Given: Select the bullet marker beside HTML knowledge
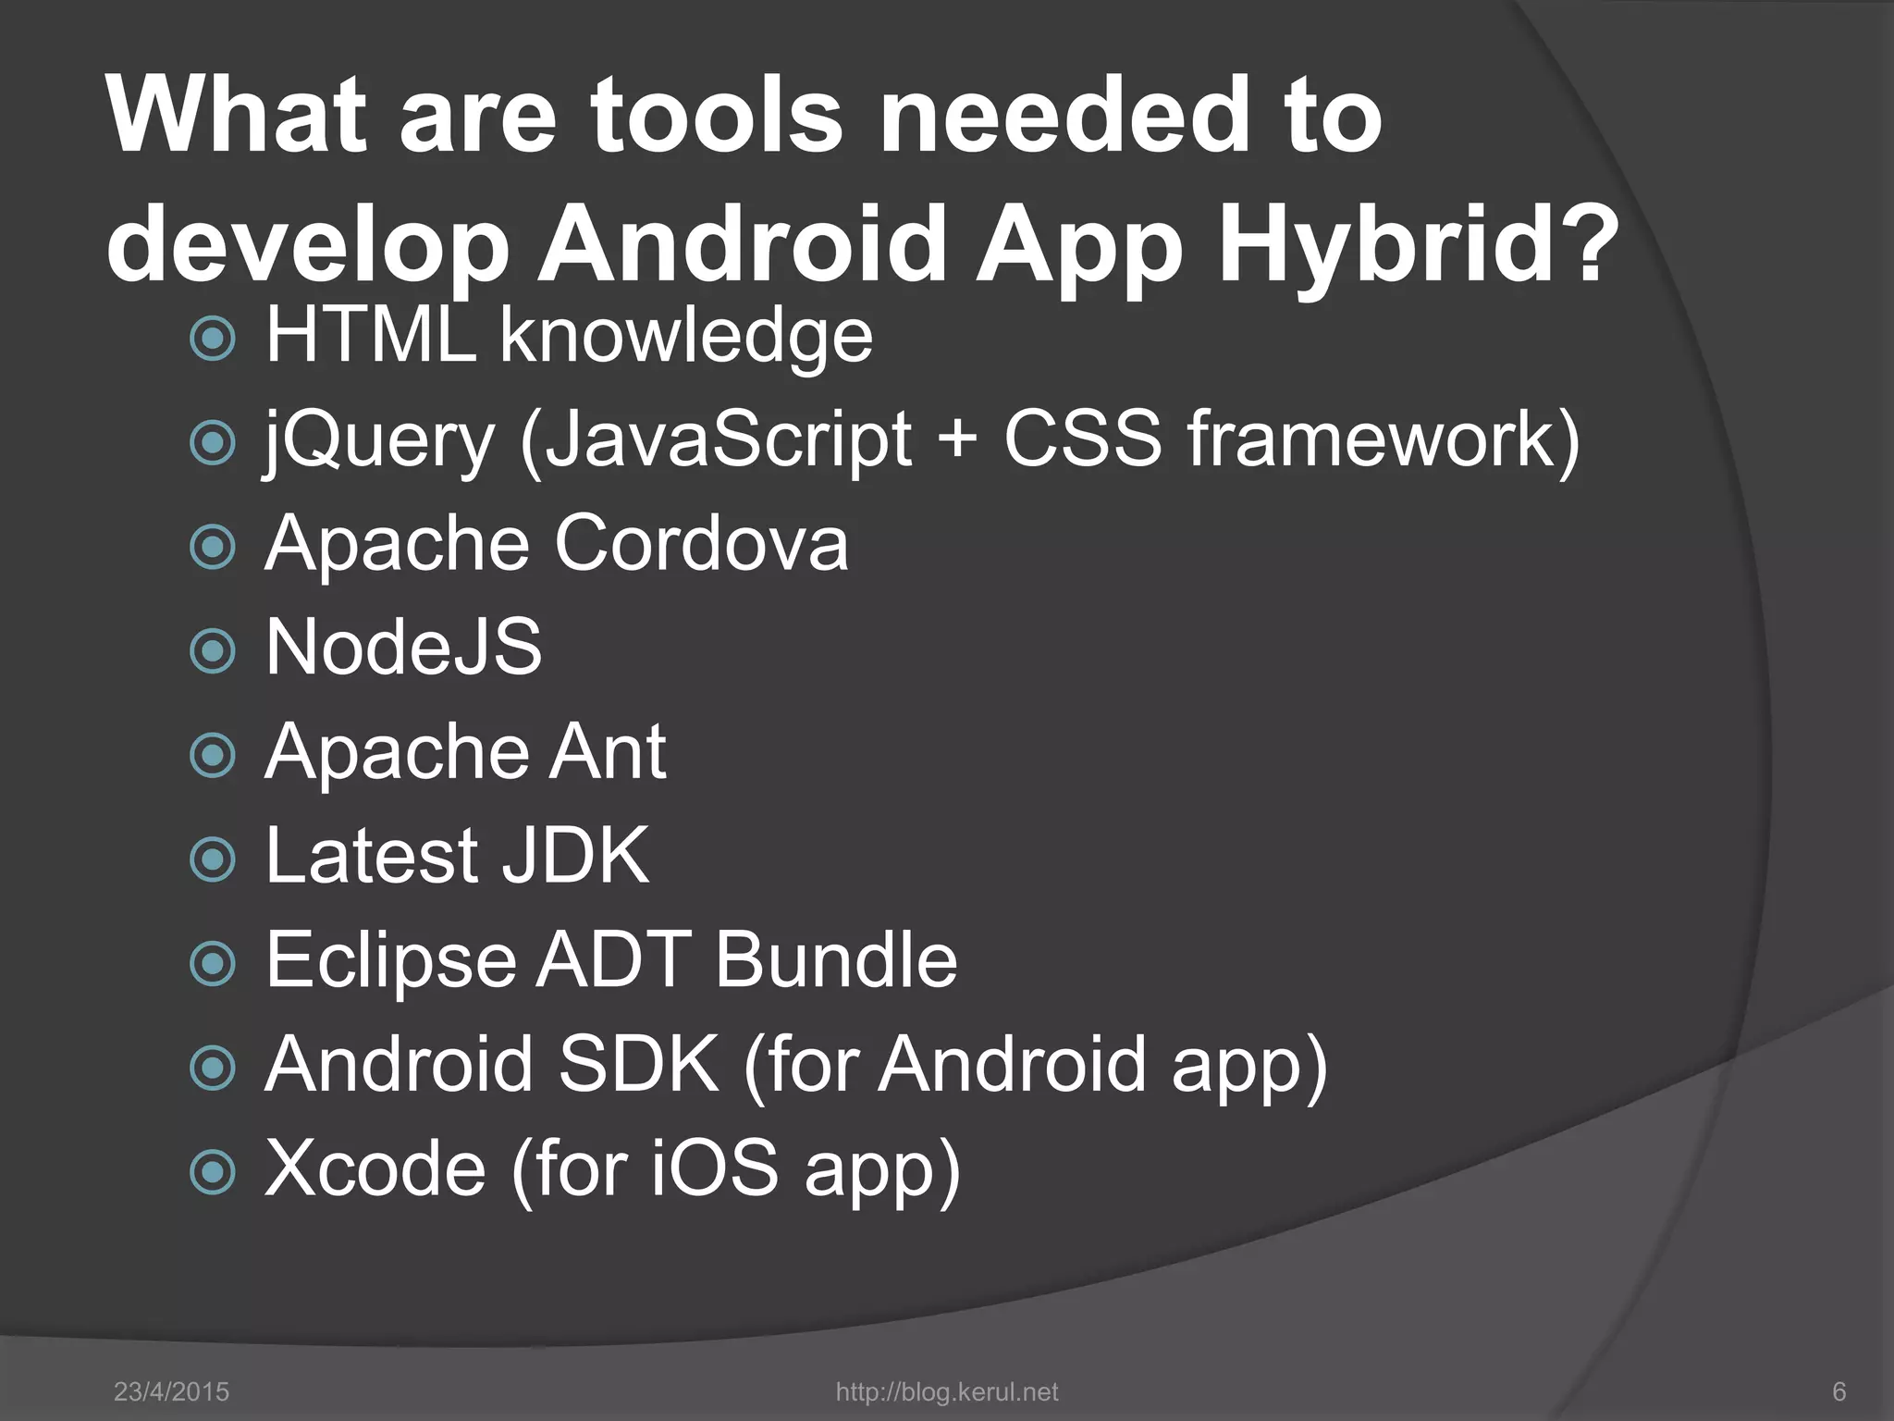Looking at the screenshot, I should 213,339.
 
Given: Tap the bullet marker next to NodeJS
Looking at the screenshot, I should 213,650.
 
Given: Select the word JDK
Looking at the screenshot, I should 575,856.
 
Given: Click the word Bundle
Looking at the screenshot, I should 836,959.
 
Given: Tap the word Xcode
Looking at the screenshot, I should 375,1168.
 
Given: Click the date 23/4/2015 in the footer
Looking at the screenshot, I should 171,1392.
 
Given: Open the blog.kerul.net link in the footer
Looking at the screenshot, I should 946,1392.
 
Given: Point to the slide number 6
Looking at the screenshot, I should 1839,1392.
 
